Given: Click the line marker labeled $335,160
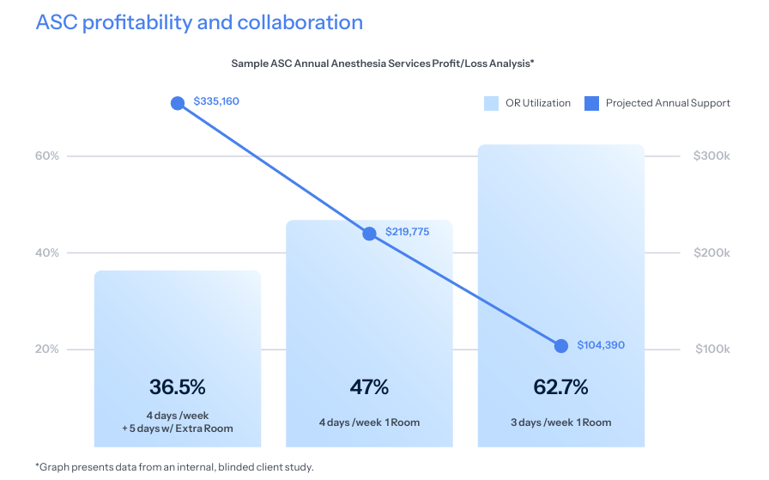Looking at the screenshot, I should click(178, 103).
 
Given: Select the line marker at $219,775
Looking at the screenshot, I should click(370, 234).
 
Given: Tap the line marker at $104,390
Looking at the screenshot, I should click(561, 345).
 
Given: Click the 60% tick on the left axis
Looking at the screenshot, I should click(47, 156).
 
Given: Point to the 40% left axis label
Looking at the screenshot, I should click(47, 253).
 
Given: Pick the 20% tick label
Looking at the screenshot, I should click(47, 349).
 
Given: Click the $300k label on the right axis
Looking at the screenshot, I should click(711, 156).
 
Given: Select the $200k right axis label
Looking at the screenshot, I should click(711, 253).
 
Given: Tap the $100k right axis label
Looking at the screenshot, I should click(711, 349).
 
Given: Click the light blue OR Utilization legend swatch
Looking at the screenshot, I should click(491, 103).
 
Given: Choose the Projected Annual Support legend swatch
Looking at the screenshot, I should click(591, 103).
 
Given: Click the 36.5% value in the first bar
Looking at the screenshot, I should click(178, 387).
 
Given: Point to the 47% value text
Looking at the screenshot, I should click(369, 387).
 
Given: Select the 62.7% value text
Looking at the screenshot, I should click(560, 387).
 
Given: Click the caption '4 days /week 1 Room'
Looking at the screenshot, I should click(369, 422).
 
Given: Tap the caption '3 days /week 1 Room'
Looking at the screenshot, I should click(560, 422).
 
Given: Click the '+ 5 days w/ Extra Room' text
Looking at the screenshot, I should click(178, 428).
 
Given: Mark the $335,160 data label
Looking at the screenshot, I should click(216, 101).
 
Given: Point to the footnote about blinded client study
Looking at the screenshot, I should click(174, 467).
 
